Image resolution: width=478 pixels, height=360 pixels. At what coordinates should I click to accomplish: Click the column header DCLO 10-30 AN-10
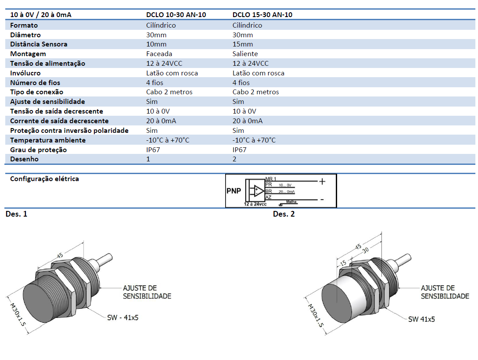pos(176,15)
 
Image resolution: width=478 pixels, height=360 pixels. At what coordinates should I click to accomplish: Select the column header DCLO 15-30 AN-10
pos(262,15)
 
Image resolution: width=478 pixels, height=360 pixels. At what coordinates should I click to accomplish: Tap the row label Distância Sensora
pos(39,44)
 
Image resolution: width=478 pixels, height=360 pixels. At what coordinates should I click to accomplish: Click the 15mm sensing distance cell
pos(243,44)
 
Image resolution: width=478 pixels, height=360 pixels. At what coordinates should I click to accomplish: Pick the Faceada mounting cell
pos(159,54)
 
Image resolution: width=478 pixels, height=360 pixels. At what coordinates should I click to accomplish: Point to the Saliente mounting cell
pos(245,54)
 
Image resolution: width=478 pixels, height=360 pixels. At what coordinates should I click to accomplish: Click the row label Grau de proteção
pos(39,150)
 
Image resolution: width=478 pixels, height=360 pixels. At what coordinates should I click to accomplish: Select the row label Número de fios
pos(35,83)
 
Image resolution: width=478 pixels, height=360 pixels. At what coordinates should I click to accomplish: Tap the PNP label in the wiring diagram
pos(234,191)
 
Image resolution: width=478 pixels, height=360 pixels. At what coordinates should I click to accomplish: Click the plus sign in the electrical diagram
pos(322,181)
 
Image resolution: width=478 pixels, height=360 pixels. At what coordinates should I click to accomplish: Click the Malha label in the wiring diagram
pos(291,202)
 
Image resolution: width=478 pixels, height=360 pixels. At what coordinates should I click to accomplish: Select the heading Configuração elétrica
pos(44,179)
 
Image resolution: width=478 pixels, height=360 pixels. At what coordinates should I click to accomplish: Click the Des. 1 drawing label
pos(16,214)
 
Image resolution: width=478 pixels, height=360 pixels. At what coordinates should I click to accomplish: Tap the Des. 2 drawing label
pos(284,214)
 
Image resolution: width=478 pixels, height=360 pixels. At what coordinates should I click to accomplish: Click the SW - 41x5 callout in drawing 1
pos(122,317)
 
